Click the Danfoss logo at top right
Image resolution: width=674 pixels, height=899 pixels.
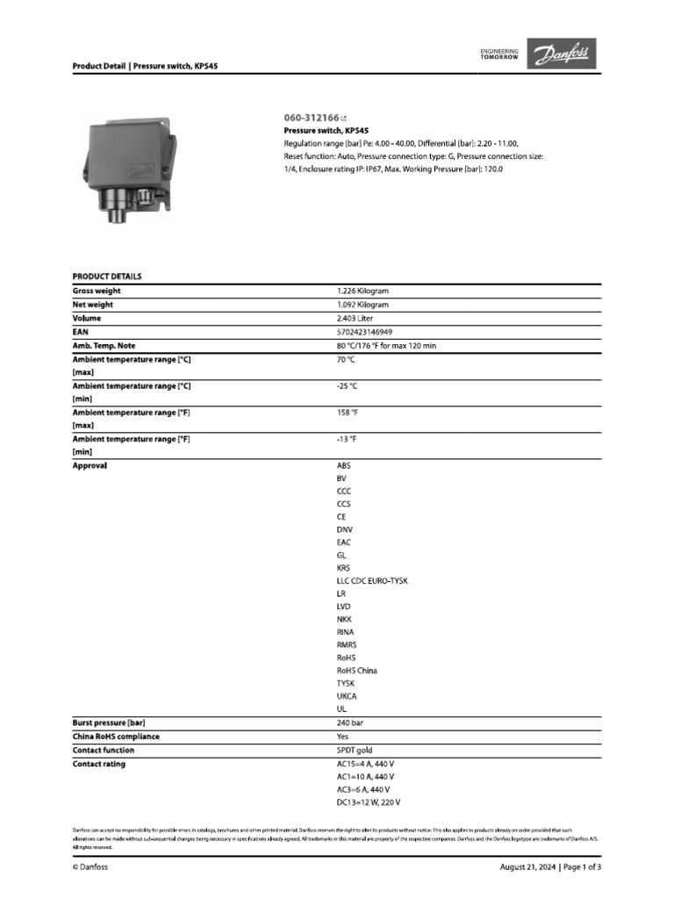coord(562,55)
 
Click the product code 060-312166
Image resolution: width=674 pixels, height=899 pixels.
coord(312,117)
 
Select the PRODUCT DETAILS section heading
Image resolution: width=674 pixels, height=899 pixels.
coord(106,277)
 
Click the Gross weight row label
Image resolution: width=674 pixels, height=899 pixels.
coord(97,291)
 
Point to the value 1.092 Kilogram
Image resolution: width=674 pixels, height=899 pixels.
coord(362,305)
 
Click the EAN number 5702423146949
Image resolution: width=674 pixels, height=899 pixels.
coord(364,332)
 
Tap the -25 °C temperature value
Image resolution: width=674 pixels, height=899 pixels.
coord(347,385)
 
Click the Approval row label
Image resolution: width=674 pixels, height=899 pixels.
coord(90,465)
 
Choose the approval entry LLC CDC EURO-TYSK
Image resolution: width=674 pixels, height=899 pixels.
coord(372,581)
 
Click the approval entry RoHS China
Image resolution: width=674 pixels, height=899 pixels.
coord(357,670)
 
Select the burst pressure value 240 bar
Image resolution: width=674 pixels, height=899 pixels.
coord(349,722)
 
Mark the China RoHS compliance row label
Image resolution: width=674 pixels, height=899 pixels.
coord(116,737)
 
